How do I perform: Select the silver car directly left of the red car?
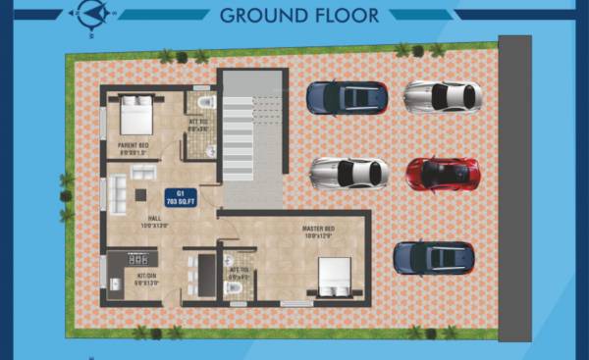tap(349, 173)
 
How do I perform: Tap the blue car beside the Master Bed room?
tap(434, 257)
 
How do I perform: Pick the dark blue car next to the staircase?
tap(347, 97)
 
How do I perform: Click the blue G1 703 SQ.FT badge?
tap(179, 196)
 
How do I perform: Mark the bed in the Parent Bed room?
tap(136, 116)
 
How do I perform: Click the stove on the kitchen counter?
tap(140, 260)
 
